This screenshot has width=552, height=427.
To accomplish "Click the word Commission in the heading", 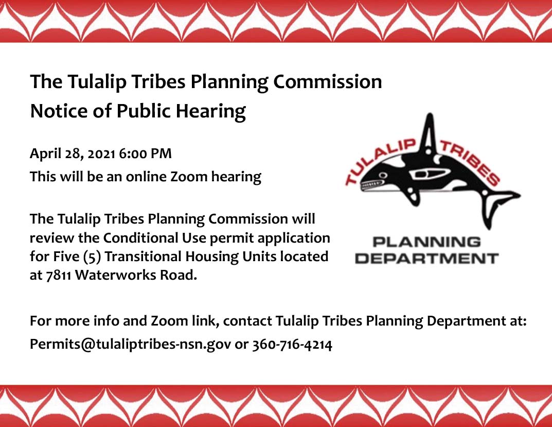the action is pyautogui.click(x=327, y=81).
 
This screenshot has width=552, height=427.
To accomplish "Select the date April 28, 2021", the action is pyautogui.click(x=73, y=153).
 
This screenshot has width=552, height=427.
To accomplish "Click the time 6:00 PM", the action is pyautogui.click(x=145, y=153).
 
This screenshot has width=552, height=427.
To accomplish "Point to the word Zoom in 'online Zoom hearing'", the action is pyautogui.click(x=189, y=177).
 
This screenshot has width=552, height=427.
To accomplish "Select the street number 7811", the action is pyautogui.click(x=59, y=276).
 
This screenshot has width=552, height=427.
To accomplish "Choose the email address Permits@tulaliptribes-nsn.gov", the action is pyautogui.click(x=131, y=344).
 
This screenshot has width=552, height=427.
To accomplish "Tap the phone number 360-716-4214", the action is pyautogui.click(x=292, y=345).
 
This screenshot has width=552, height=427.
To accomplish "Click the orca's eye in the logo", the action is pyautogui.click(x=384, y=175).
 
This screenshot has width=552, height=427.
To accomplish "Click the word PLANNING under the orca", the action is pyautogui.click(x=426, y=242).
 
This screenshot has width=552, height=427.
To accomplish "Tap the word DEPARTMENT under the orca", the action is pyautogui.click(x=426, y=259).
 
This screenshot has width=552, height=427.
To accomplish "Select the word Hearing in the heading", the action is pyautogui.click(x=211, y=111).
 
